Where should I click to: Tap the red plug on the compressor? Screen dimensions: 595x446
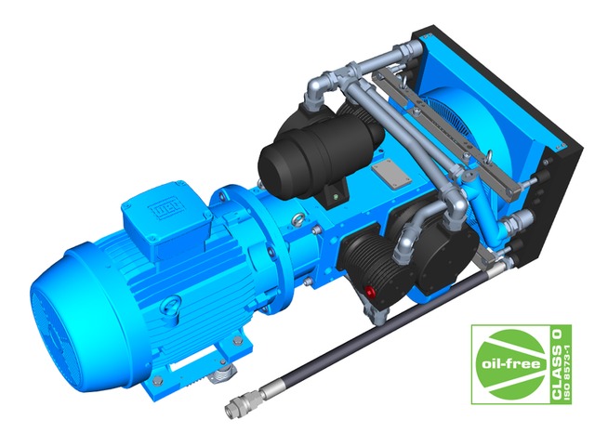click(x=369, y=291)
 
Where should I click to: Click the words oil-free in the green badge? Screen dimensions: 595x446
click(x=510, y=364)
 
